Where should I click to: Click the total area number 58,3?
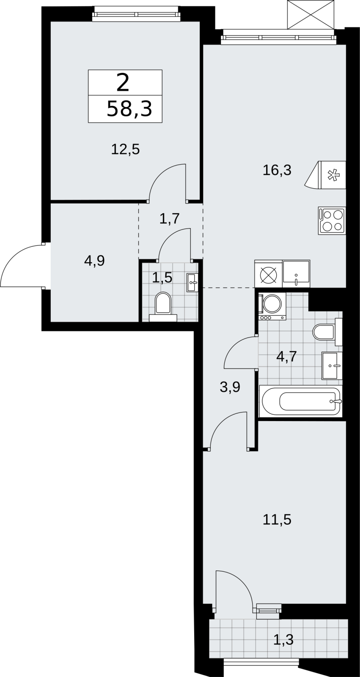click(x=129, y=109)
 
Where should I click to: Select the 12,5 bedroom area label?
click(x=126, y=149)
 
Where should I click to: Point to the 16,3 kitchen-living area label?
click(x=277, y=171)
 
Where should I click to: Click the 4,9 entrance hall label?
click(x=95, y=261)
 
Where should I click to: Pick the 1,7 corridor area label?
click(x=170, y=218)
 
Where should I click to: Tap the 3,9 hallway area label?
click(x=230, y=387)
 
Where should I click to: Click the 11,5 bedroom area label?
click(x=277, y=520)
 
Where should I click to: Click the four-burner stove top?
click(x=332, y=220)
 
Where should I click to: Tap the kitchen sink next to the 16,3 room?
click(x=296, y=274)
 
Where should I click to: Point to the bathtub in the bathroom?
click(x=301, y=402)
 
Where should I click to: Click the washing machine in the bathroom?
click(x=272, y=306)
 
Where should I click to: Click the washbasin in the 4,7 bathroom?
click(x=332, y=366)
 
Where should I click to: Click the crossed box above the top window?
click(x=311, y=15)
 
